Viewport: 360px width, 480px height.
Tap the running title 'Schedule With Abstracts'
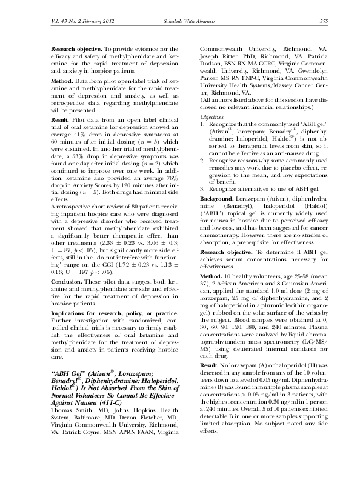(x=181, y=22)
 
